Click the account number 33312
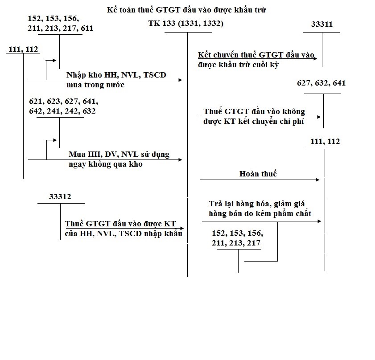[60, 196]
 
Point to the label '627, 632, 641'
[321, 83]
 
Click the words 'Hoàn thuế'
[258, 174]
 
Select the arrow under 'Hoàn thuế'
[260, 180]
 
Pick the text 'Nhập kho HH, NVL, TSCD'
[116, 75]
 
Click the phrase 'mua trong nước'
[95, 85]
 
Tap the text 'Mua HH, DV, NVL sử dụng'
[119, 155]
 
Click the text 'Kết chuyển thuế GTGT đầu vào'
[256, 55]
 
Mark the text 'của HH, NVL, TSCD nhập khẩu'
[123, 234]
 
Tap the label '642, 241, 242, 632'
[62, 111]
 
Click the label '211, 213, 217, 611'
[61, 29]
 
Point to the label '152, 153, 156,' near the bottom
[238, 233]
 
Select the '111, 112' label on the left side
[23, 49]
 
